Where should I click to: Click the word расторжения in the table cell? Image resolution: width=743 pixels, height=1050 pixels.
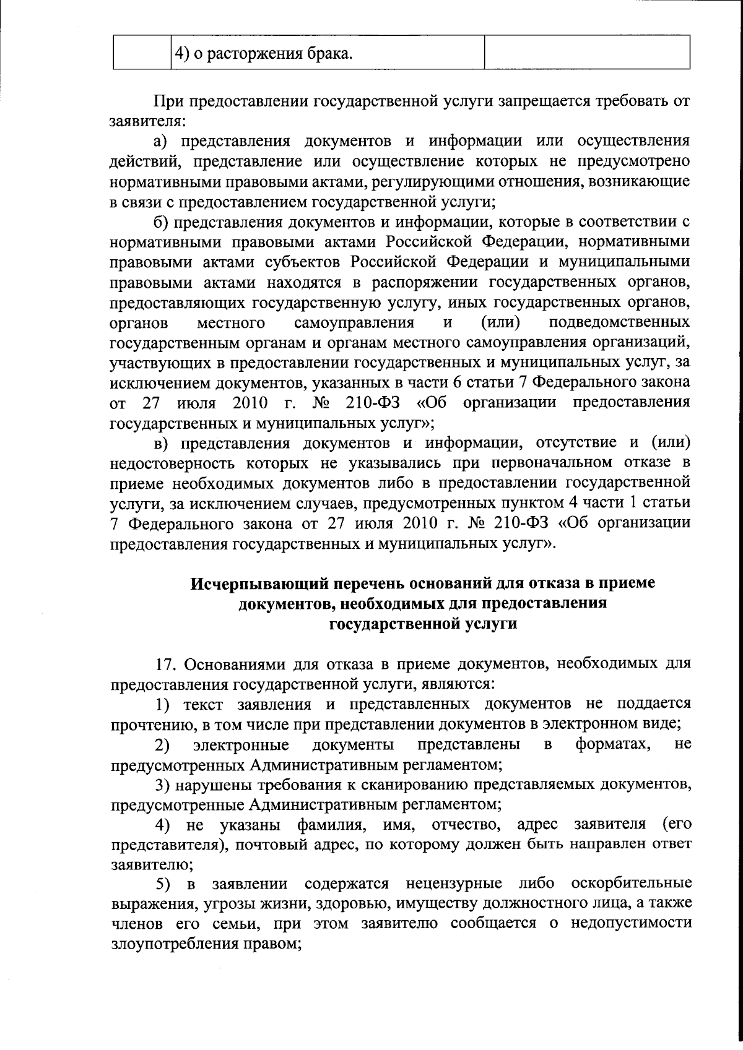click(x=256, y=54)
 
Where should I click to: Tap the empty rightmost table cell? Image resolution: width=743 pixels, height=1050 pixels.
click(x=586, y=52)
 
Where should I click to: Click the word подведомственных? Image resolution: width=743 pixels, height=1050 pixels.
click(x=619, y=322)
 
